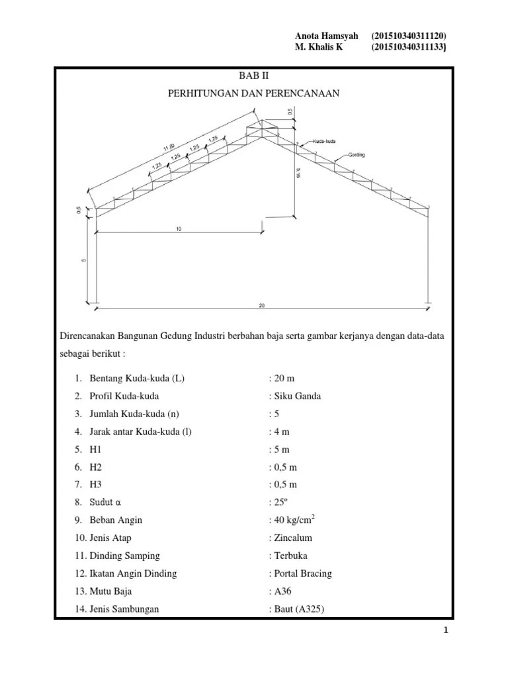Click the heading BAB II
[254, 75]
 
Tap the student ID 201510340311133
[409, 47]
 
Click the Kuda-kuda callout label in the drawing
[325, 142]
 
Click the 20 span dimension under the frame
[262, 306]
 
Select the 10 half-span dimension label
[179, 228]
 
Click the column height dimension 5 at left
[84, 260]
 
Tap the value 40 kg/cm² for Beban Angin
[296, 520]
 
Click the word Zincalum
[292, 538]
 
